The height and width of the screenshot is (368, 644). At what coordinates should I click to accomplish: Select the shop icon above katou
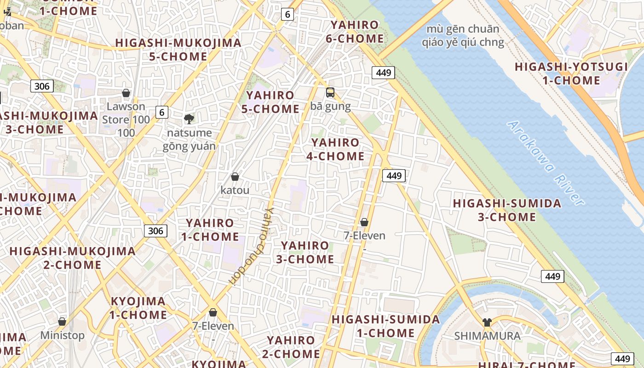pos(235,177)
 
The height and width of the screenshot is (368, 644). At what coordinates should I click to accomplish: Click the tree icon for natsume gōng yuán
pos(189,119)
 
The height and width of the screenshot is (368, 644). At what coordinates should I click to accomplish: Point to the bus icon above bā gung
pos(330,92)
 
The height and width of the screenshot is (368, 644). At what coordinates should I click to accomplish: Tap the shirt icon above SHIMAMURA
pos(487,322)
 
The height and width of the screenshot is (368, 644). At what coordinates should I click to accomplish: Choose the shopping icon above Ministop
pos(62,321)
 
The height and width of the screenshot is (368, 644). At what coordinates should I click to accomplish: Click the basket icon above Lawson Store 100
pos(126,93)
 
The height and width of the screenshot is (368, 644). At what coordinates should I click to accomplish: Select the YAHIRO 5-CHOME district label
pos(270,102)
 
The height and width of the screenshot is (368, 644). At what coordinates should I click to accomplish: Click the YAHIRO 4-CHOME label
pos(336,149)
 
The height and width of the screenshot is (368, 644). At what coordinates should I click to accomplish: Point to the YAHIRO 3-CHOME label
pos(305,253)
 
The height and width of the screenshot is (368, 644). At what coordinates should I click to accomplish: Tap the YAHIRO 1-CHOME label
pos(210,230)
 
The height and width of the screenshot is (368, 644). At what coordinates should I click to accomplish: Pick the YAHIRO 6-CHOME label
pos(355,32)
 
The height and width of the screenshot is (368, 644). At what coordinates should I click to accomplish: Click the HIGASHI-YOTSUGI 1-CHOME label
pos(571,74)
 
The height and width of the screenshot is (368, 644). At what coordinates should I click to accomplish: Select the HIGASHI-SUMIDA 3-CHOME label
pos(507,210)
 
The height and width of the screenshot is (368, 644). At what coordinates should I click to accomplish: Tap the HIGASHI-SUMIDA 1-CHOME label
pos(386,326)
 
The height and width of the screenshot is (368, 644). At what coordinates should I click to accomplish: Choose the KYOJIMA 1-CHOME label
pos(138,308)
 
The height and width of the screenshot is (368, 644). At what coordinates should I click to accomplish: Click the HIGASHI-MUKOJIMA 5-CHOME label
pos(178,50)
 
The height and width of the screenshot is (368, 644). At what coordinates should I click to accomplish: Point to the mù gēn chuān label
pos(463,36)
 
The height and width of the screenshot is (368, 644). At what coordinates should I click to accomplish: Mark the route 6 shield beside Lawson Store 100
pos(161,112)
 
